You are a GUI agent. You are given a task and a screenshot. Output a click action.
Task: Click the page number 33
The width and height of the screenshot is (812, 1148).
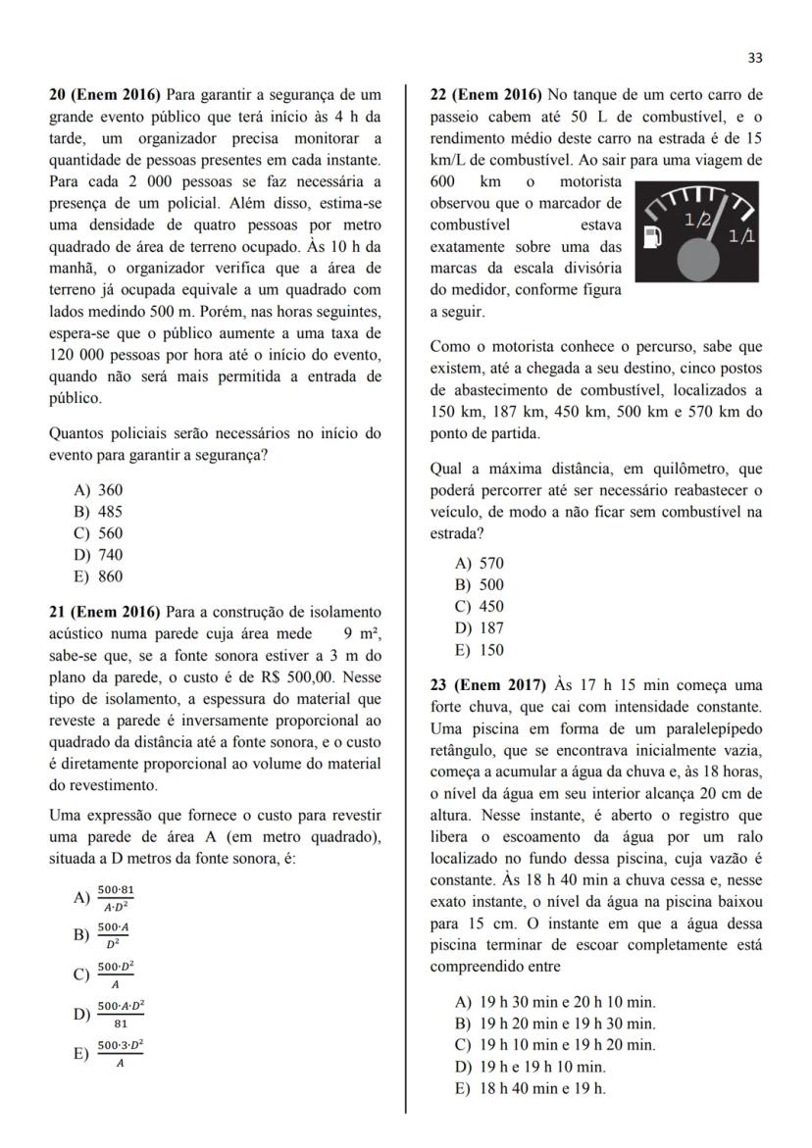click(x=754, y=58)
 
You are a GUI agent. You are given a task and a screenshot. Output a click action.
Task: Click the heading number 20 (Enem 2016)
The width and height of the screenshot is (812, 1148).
click(x=106, y=95)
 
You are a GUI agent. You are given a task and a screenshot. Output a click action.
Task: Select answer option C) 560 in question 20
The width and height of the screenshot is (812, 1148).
click(x=99, y=533)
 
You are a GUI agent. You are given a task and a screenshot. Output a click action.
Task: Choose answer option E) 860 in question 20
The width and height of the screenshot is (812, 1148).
click(x=99, y=576)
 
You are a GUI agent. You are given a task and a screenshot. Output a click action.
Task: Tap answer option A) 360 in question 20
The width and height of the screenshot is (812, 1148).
click(x=99, y=489)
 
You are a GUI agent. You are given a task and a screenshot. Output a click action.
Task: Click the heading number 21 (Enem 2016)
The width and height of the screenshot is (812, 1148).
click(x=106, y=613)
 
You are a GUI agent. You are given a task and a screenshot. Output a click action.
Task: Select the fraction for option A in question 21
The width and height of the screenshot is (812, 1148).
click(x=116, y=897)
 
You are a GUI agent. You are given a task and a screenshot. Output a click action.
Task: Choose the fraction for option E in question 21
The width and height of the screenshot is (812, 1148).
click(x=120, y=1054)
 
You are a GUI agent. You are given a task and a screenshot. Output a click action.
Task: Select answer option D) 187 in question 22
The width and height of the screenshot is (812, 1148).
click(x=480, y=628)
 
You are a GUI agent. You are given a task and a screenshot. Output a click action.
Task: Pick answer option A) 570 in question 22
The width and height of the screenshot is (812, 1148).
click(x=480, y=563)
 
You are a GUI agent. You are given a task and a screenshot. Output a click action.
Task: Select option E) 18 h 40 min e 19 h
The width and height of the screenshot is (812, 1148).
click(x=530, y=1088)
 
